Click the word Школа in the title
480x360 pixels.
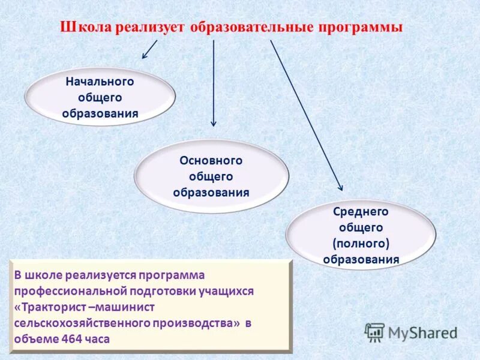tap(82, 28)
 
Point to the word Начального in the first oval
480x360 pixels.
tap(100, 81)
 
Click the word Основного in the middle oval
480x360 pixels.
tap(211, 161)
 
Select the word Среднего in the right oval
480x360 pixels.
tap(361, 212)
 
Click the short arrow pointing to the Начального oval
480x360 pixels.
tap(149, 49)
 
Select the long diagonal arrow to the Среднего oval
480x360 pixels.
tap(306, 114)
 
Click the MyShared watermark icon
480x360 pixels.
tap(375, 332)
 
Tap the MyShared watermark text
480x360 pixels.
tap(423, 332)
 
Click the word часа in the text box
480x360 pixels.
tap(98, 338)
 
